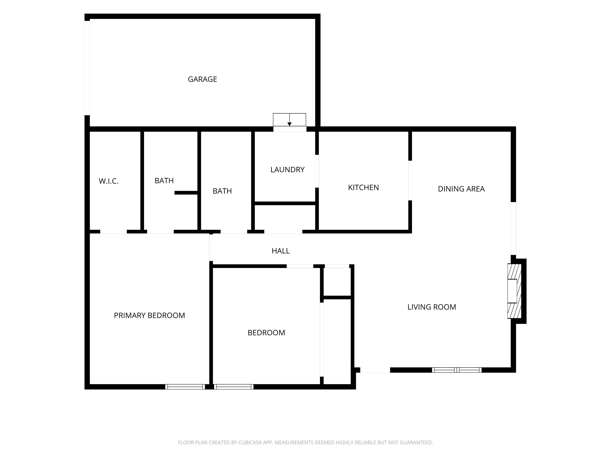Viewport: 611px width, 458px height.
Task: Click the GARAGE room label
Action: click(202, 79)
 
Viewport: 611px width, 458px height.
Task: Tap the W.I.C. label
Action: click(109, 181)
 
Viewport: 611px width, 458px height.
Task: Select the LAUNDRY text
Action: click(287, 170)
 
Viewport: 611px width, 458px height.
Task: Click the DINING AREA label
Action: click(461, 189)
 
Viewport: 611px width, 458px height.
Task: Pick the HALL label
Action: click(281, 251)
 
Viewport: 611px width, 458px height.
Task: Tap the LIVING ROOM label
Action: click(432, 307)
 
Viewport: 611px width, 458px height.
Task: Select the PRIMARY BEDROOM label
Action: click(149, 315)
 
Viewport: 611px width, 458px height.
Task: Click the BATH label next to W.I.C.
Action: click(164, 180)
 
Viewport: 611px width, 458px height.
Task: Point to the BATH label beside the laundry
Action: click(222, 191)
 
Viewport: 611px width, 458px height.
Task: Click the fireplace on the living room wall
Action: click(514, 291)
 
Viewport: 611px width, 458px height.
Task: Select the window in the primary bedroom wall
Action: click(185, 386)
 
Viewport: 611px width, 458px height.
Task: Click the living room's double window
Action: click(457, 370)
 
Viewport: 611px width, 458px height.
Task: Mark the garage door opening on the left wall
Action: click(87, 68)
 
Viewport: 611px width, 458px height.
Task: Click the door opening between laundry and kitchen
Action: click(317, 171)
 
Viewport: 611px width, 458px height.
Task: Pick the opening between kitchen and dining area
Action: click(410, 180)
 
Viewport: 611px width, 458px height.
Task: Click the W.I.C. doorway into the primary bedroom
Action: click(114, 232)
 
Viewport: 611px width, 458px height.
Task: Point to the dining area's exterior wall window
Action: click(513, 229)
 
